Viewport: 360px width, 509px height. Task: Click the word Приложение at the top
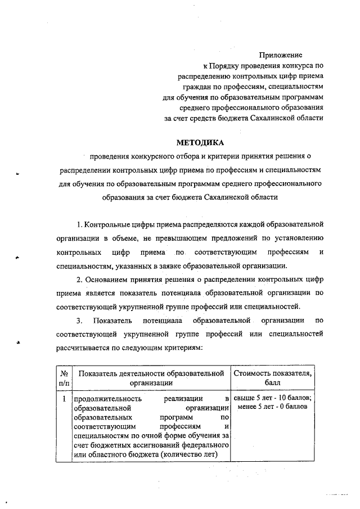tap(280, 55)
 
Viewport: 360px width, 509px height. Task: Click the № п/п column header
tap(64, 378)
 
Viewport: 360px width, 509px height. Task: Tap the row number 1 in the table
tap(64, 399)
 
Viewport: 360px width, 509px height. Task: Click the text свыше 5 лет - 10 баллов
tap(273, 398)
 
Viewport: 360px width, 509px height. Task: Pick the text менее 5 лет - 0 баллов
tap(273, 407)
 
